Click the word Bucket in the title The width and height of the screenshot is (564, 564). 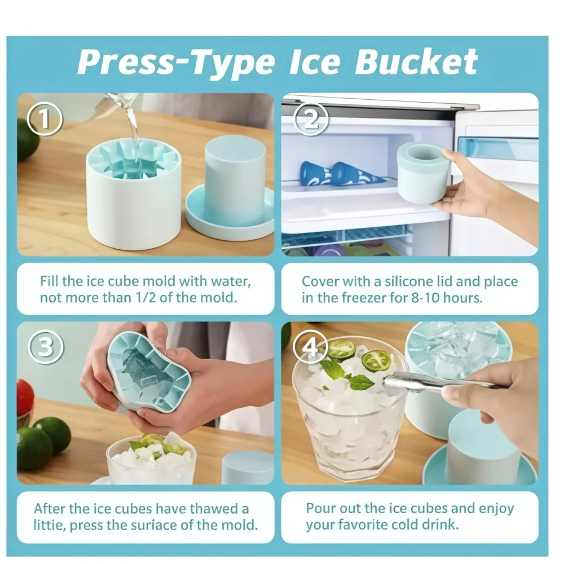[x=416, y=61]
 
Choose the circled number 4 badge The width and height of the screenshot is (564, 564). [x=311, y=349]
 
